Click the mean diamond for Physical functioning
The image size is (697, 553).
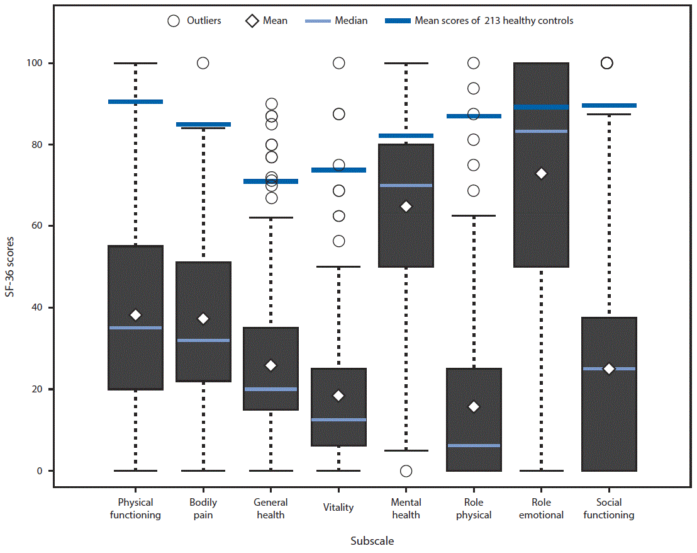point(135,315)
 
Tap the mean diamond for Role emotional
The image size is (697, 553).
point(541,173)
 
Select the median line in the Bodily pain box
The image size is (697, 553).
point(203,340)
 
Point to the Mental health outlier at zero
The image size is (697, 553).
point(406,471)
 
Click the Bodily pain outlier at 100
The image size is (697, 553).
point(203,63)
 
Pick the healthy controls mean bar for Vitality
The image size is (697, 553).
point(338,170)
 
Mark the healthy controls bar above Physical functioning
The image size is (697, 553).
point(135,101)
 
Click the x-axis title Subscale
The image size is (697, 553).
point(372,540)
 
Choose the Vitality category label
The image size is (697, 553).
point(338,508)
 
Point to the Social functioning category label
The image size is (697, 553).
point(608,508)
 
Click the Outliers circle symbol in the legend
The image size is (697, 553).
point(174,21)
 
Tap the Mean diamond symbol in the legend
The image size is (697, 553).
point(252,21)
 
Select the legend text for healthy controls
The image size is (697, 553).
point(494,21)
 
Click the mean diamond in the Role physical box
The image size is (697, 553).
point(474,407)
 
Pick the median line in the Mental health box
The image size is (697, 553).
point(406,185)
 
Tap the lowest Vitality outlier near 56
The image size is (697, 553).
point(338,241)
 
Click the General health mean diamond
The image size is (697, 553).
point(270,365)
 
